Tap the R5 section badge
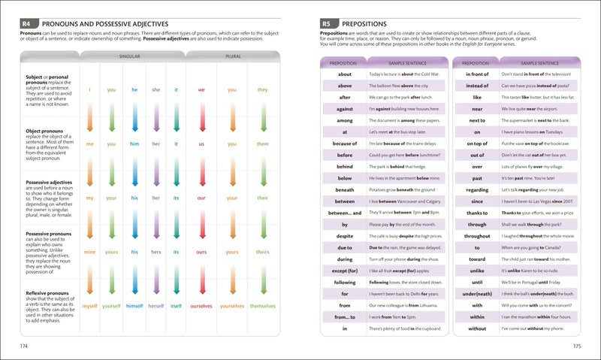328,24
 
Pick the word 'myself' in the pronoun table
90,306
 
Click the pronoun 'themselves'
262,306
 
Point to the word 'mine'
90,252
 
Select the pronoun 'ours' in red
201,252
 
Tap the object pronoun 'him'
134,143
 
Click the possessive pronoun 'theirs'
262,252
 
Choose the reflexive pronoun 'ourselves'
201,306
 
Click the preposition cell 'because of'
345,143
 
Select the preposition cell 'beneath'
345,189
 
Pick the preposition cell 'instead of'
477,86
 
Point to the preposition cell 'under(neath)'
477,292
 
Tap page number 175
575,346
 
